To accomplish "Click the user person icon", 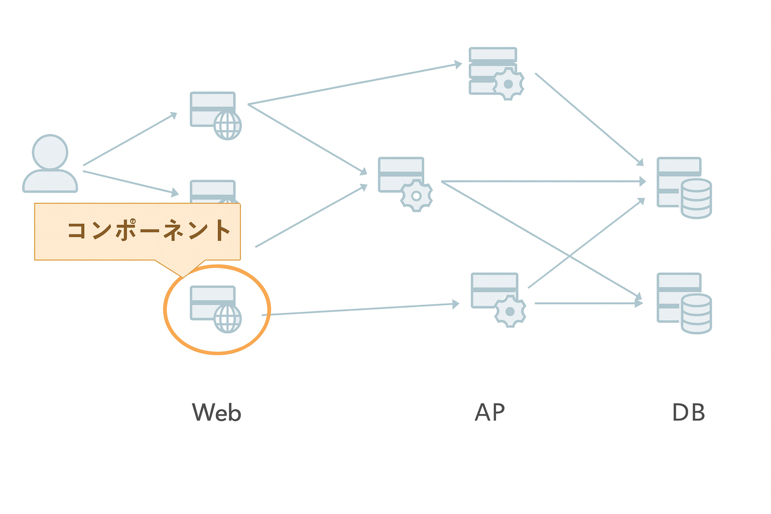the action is [x=50, y=164].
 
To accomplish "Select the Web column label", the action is [x=216, y=412].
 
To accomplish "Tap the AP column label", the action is [x=490, y=412].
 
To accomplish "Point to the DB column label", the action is [x=688, y=412].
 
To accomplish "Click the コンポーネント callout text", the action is [x=149, y=230].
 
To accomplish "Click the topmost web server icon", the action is [x=216, y=115].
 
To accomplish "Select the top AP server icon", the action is [x=496, y=74].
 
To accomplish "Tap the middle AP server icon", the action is [x=405, y=184].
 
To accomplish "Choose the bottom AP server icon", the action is [x=498, y=300].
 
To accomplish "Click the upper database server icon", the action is [x=684, y=188].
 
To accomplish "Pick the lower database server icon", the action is [x=684, y=303].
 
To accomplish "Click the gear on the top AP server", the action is [x=508, y=84].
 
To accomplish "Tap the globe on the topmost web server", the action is [x=227, y=125].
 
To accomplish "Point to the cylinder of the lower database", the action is [x=696, y=314].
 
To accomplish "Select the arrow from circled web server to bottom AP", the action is [x=360, y=309].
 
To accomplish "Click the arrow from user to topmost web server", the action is [x=130, y=139].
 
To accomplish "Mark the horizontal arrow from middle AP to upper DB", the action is [x=544, y=181].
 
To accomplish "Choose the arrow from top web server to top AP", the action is [x=355, y=83].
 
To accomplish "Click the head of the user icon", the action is [x=50, y=152].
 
